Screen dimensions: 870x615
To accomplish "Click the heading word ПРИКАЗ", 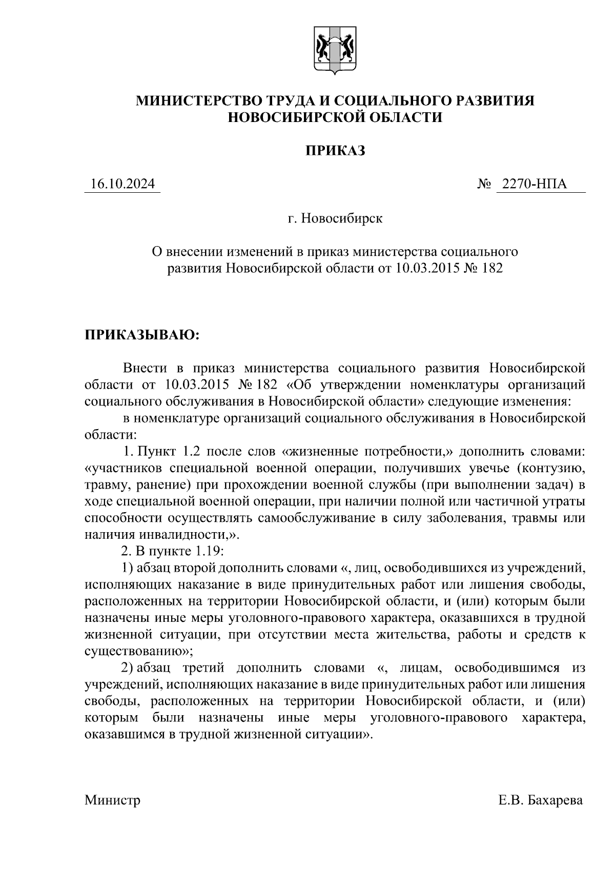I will point(335,151).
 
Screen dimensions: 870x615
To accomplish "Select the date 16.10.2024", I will point(122,184).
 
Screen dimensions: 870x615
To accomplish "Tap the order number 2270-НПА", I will point(534,184).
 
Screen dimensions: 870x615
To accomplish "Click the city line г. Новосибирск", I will point(335,219).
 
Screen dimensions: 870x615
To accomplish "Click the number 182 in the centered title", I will point(492,268).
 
